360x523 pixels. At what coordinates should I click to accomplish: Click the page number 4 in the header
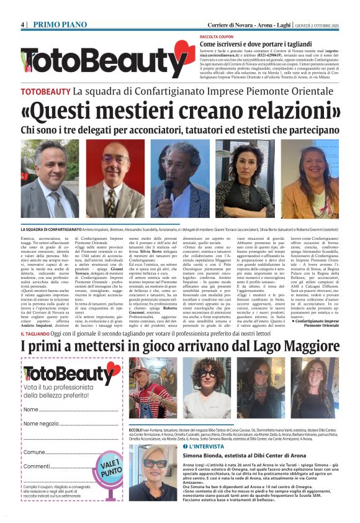[x=22, y=24]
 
